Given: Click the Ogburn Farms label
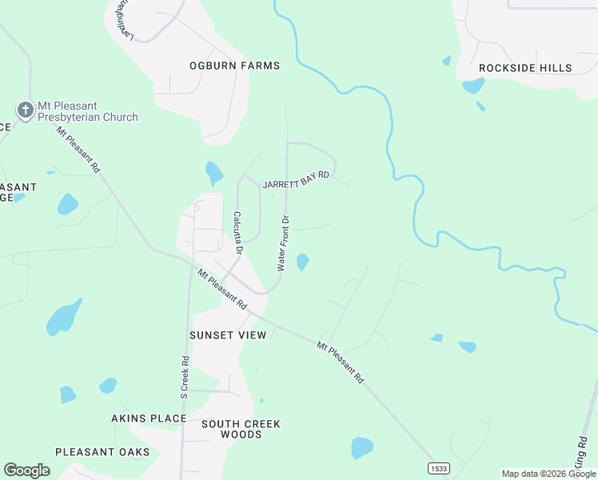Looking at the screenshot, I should coord(234,66).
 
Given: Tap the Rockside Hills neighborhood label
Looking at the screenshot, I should coord(525,68).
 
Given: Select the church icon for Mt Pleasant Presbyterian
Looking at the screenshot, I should coord(25,110).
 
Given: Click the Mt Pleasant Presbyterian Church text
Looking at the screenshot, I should coord(88,111).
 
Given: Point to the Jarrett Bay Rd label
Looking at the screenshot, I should coord(296,179).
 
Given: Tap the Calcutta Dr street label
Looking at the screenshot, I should coord(237,232).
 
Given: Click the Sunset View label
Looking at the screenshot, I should coord(228,335).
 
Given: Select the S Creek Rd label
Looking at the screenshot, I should coord(185,377).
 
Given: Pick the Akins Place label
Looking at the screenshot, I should coord(149,418).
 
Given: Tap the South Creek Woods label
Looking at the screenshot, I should coord(241,429).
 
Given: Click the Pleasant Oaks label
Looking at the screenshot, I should coord(102,452).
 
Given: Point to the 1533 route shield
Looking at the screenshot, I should coord(437,468).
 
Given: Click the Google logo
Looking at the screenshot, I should coord(27,470).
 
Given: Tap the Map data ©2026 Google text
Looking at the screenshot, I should coord(548,474).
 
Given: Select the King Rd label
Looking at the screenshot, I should coord(580,452).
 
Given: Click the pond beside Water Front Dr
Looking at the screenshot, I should coord(303,262).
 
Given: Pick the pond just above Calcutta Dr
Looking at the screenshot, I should coord(213,172).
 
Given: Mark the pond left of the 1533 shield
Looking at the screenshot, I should coord(362,447).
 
